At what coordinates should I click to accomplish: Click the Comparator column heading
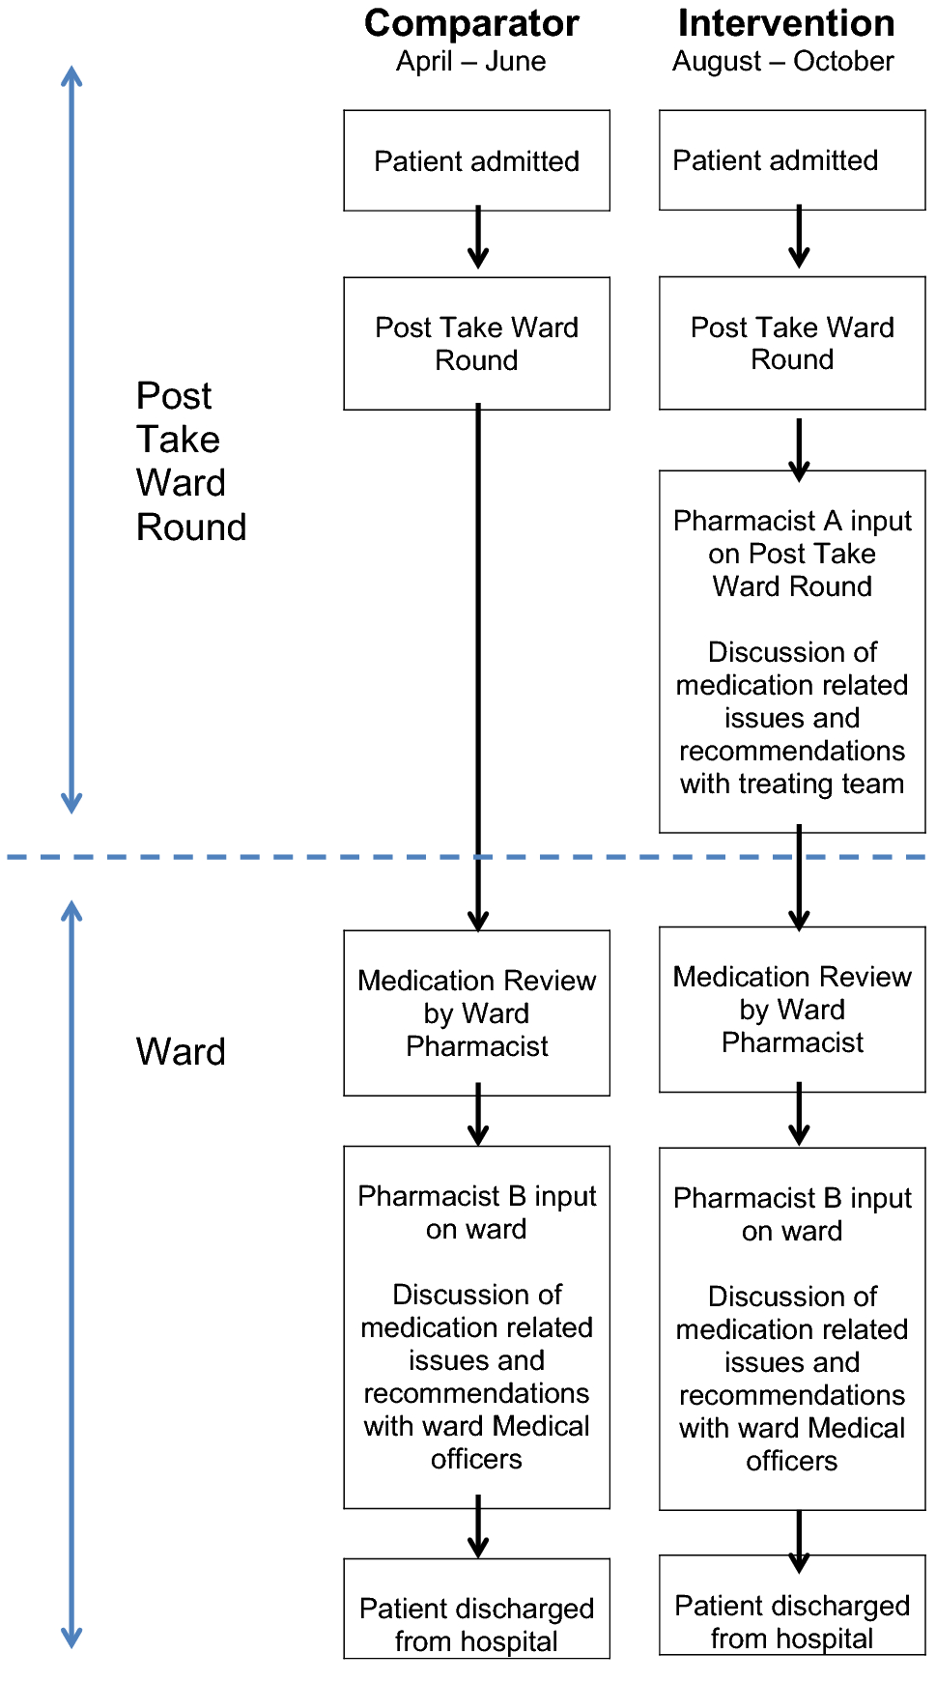[471, 23]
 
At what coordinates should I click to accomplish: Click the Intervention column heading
[785, 23]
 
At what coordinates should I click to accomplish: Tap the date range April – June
[470, 62]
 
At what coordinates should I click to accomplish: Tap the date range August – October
[783, 62]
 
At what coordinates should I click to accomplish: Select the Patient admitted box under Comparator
[476, 160]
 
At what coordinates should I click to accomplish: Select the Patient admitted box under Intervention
[791, 159]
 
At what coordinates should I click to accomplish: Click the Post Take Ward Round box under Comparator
[476, 343]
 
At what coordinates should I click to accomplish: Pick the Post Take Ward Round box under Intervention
[791, 343]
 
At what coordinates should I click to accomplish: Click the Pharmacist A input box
[791, 651]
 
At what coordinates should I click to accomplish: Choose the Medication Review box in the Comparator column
[476, 1012]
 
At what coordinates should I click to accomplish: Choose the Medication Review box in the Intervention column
[791, 1010]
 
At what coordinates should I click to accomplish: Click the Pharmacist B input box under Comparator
[476, 1326]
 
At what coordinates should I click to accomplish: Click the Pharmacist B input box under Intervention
[791, 1328]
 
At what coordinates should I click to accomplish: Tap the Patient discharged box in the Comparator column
[476, 1623]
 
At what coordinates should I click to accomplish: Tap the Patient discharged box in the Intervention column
[791, 1620]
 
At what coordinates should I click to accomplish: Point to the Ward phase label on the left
[181, 1051]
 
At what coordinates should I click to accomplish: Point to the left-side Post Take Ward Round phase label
[190, 462]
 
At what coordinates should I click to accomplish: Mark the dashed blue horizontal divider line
[241, 857]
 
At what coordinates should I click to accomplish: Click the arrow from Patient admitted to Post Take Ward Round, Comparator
[477, 239]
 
